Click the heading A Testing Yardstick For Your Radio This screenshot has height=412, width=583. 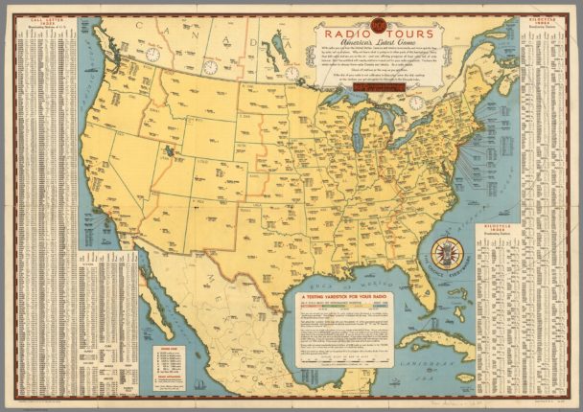[x=350, y=300]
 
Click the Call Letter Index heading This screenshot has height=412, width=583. [x=39, y=18]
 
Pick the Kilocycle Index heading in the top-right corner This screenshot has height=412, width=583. [x=543, y=19]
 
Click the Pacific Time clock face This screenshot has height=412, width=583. [x=152, y=54]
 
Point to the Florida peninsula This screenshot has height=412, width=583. [x=420, y=287]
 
